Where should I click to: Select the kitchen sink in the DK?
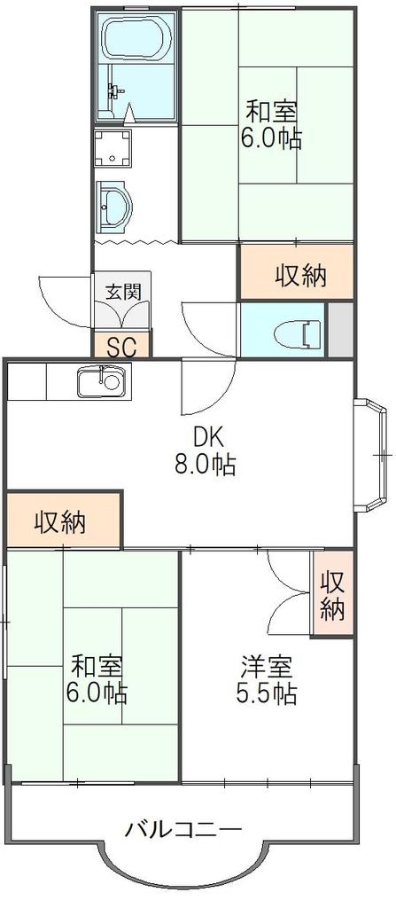pos(105,382)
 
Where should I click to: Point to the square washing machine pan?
pos(113,148)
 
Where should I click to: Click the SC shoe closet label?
pos(121,347)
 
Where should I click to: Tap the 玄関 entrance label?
pos(123,293)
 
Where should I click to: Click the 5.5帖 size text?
pos(267,693)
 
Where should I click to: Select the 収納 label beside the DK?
pos(59,523)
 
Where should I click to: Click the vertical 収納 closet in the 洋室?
pos(333,595)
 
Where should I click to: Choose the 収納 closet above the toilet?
pos(297,272)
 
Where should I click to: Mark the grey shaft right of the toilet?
pos(340,330)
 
